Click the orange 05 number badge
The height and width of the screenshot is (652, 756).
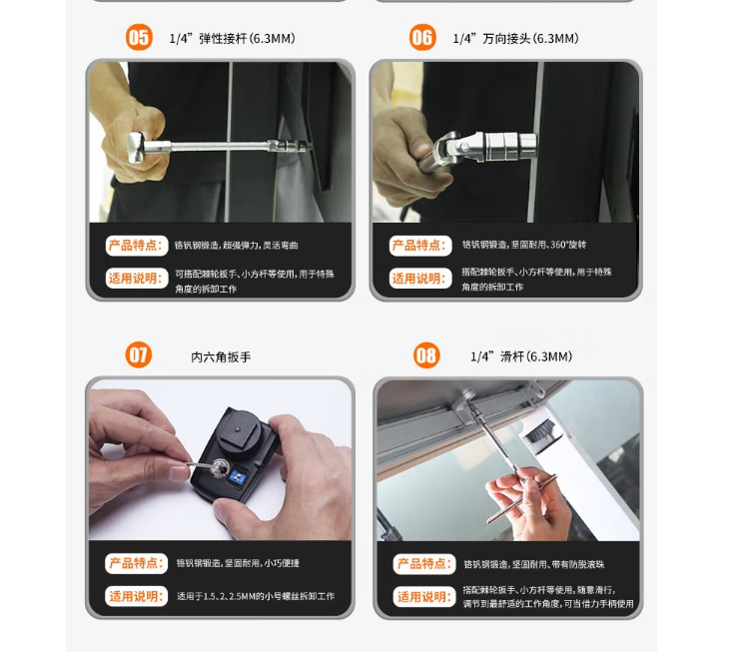pyautogui.click(x=140, y=37)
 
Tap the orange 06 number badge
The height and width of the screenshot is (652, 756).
pyautogui.click(x=422, y=37)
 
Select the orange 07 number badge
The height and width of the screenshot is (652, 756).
pyautogui.click(x=139, y=355)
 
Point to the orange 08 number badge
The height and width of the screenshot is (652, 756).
pyautogui.click(x=426, y=355)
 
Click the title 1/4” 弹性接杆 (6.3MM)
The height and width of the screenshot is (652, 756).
pyautogui.click(x=233, y=39)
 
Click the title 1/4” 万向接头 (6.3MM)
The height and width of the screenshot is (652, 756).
pyautogui.click(x=516, y=39)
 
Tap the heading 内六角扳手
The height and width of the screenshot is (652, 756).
pyautogui.click(x=221, y=357)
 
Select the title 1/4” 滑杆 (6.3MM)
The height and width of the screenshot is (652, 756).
pyautogui.click(x=521, y=356)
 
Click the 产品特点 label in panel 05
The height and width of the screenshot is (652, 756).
pyautogui.click(x=137, y=246)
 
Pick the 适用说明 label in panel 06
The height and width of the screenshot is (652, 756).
pyautogui.click(x=420, y=278)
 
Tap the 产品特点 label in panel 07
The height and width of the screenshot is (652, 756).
pyautogui.click(x=137, y=563)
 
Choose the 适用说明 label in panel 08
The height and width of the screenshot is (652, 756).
pyautogui.click(x=424, y=596)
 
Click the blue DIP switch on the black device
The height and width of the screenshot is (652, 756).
pyautogui.click(x=238, y=477)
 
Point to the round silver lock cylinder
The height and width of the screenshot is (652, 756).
pyautogui.click(x=221, y=466)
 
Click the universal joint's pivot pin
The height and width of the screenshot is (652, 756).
pyautogui.click(x=463, y=147)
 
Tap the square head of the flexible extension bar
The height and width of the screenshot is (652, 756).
pyautogui.click(x=137, y=147)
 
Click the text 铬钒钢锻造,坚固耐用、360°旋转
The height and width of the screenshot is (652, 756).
pyautogui.click(x=524, y=245)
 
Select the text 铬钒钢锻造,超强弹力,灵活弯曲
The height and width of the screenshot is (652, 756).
pyautogui.click(x=237, y=246)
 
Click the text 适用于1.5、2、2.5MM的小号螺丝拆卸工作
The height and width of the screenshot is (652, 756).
pyautogui.click(x=256, y=596)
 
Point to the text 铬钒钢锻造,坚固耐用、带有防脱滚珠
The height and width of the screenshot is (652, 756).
pyautogui.click(x=534, y=564)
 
